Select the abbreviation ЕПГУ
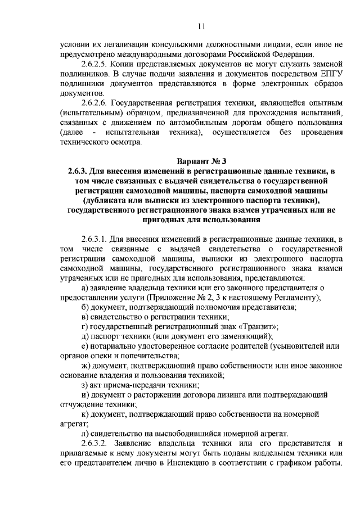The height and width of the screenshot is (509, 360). pyautogui.click(x=327, y=74)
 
